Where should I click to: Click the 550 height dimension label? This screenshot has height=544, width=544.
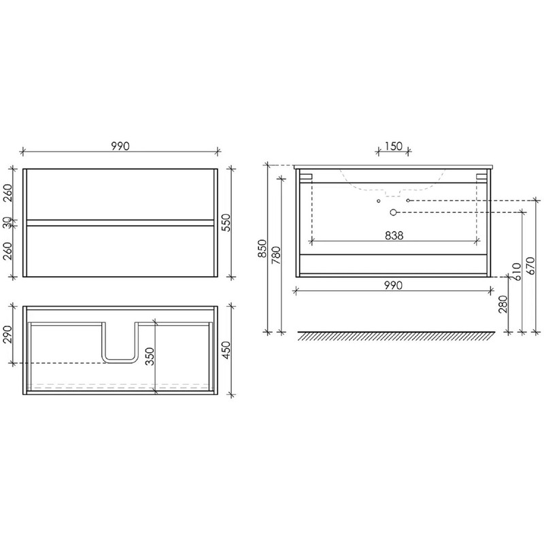pos(226,223)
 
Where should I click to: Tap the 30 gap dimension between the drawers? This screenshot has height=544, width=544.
pos(8,223)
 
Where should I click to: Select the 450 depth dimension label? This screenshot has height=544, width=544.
pos(226,350)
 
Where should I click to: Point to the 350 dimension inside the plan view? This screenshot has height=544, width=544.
pos(150,356)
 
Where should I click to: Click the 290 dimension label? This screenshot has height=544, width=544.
pos(8,334)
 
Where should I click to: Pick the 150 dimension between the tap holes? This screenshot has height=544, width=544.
pos(393,146)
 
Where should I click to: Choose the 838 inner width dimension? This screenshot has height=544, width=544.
pos(394,235)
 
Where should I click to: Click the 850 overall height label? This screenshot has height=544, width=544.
pos(262,248)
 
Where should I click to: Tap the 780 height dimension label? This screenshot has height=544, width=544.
pos(276,256)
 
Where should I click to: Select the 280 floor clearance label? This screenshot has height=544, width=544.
pos(503,304)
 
